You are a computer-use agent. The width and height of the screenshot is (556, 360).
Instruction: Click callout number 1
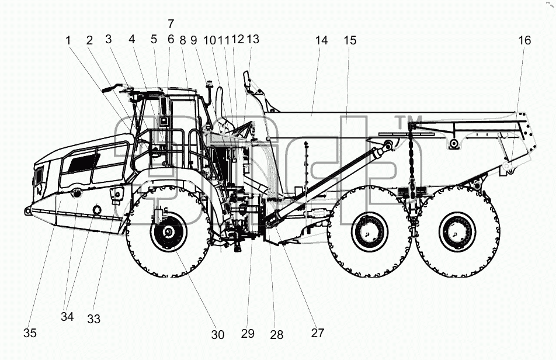[x=68, y=40]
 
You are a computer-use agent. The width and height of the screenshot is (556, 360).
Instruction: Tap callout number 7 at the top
[x=171, y=24]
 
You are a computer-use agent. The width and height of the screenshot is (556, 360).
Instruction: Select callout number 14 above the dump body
[x=322, y=40]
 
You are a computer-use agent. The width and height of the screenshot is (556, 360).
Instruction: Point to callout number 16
[x=524, y=40]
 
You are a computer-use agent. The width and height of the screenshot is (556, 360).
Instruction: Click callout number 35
[x=30, y=333]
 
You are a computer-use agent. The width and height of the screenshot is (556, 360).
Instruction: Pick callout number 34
[x=67, y=316]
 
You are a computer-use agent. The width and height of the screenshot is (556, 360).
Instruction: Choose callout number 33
[x=94, y=319]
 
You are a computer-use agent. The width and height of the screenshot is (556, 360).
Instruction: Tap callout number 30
[x=218, y=334]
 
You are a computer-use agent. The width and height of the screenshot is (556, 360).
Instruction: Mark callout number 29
[x=248, y=333]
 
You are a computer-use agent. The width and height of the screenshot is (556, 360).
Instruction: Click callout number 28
[x=277, y=334]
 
